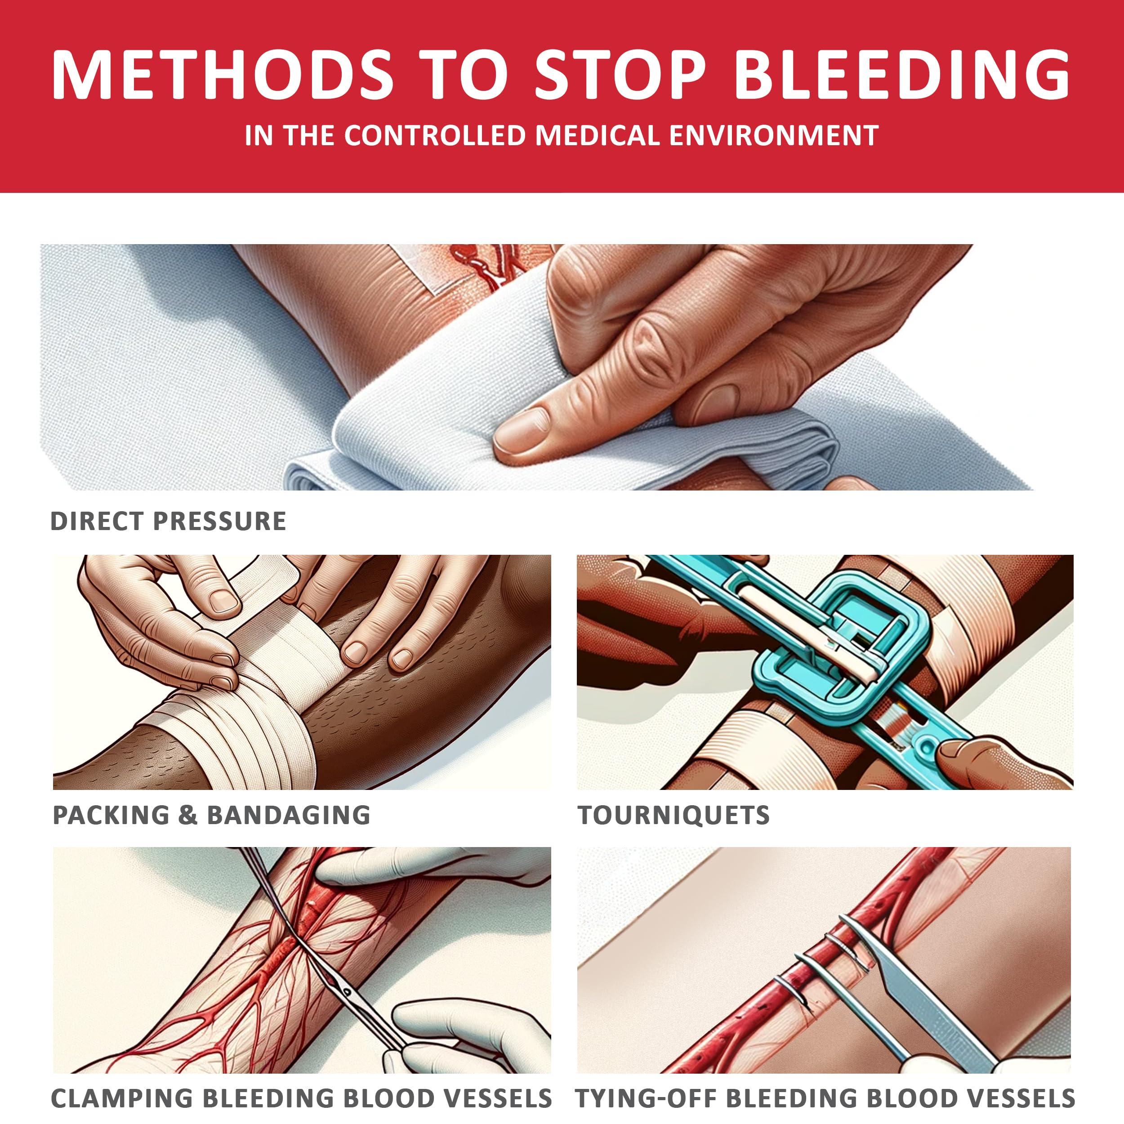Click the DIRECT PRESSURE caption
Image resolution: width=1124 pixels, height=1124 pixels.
[x=168, y=521]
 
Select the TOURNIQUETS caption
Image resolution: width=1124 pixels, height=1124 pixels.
[x=673, y=815]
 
